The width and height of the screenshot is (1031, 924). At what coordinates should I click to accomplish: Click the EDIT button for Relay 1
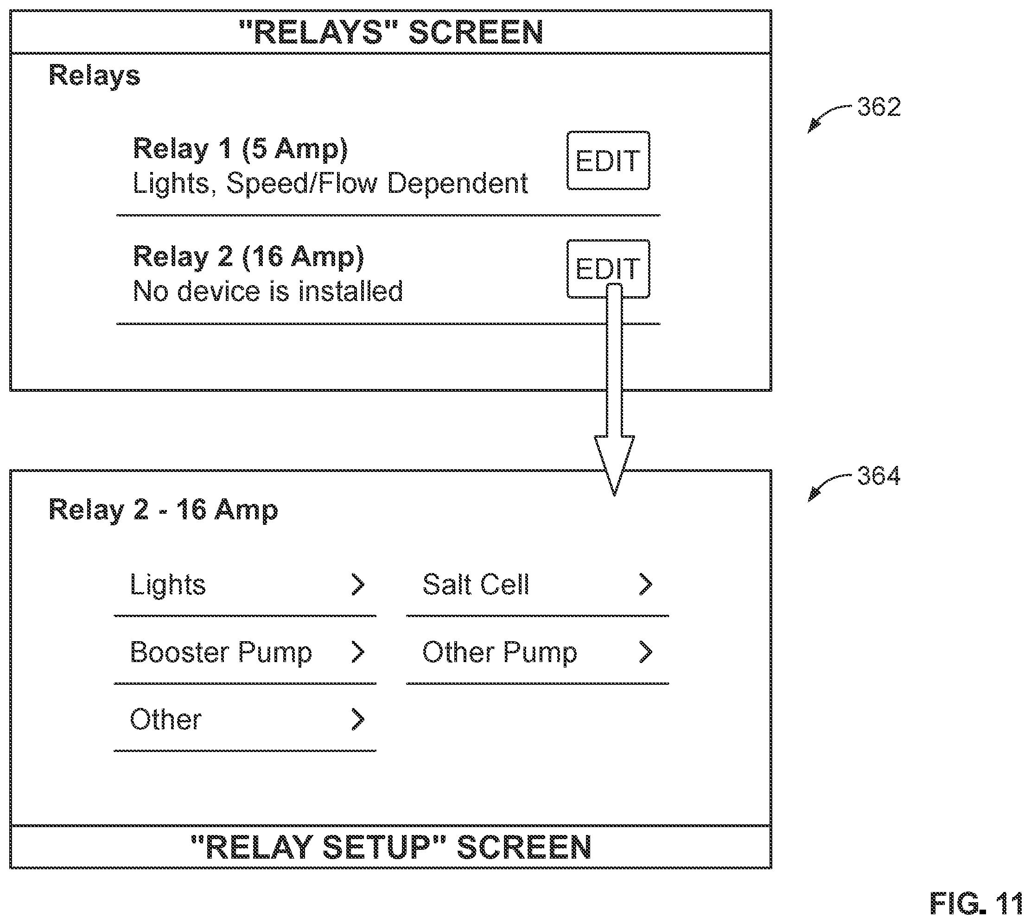click(608, 160)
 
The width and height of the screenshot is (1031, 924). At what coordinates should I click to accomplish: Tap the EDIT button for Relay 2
click(608, 268)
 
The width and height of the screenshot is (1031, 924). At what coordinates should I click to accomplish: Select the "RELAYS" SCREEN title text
click(391, 32)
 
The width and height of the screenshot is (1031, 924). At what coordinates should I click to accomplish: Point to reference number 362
click(878, 107)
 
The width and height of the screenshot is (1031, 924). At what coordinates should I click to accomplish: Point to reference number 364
click(878, 476)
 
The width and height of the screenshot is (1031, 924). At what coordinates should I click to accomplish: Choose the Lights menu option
click(168, 585)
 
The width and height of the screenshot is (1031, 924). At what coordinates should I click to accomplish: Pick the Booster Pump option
click(221, 653)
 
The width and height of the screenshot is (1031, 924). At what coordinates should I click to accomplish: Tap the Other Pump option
click(500, 653)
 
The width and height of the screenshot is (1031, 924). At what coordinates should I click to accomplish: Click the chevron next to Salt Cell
click(645, 584)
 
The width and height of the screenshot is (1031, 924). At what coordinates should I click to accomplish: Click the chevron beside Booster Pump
click(358, 652)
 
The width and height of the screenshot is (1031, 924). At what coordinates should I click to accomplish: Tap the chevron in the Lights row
click(358, 584)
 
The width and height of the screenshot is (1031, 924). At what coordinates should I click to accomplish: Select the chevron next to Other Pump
click(645, 652)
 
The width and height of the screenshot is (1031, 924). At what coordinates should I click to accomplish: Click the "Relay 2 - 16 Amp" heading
click(164, 510)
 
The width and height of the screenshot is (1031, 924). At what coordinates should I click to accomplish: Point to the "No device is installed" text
click(268, 292)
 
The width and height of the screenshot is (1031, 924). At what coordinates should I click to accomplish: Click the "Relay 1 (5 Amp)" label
click(240, 149)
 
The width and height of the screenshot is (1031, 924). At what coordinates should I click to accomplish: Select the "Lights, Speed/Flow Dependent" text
click(331, 183)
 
